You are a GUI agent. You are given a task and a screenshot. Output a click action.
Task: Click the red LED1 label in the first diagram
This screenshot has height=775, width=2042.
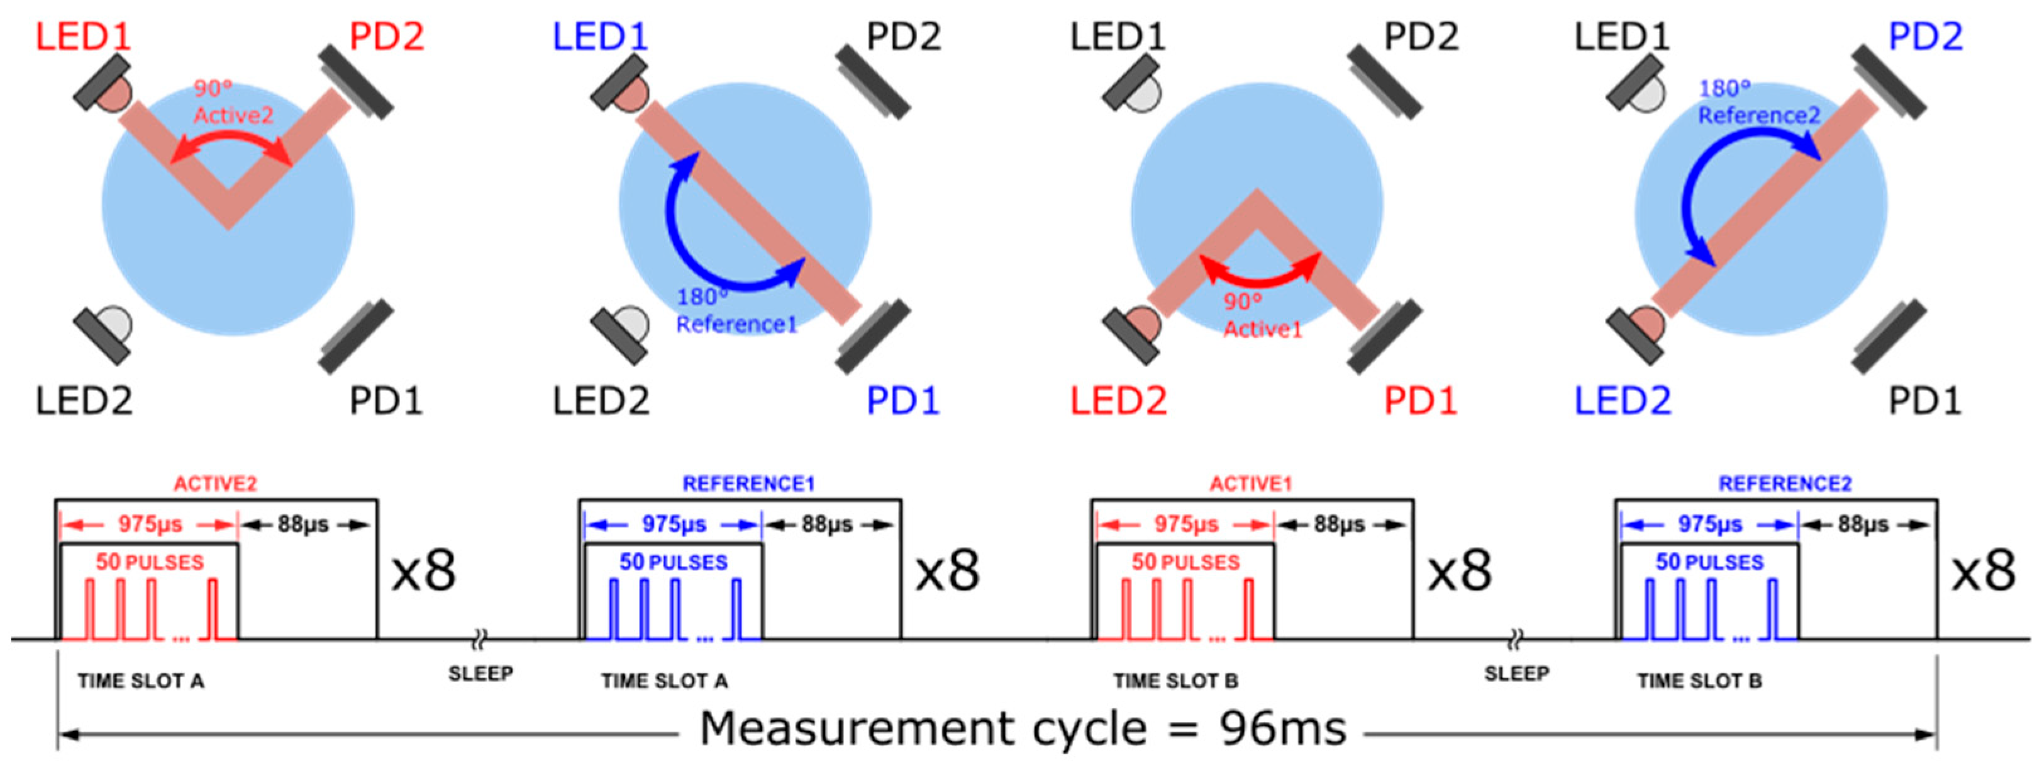(x=83, y=37)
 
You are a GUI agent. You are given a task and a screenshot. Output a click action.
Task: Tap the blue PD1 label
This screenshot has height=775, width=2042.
(x=903, y=400)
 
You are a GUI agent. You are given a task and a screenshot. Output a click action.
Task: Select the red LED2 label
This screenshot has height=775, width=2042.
(x=1119, y=400)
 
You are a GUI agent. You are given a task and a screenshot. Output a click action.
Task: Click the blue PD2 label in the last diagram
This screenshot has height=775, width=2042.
(x=1926, y=37)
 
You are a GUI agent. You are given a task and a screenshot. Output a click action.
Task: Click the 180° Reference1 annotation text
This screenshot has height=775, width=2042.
(x=736, y=311)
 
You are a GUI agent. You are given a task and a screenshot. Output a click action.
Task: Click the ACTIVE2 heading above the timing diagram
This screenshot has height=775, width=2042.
(x=216, y=483)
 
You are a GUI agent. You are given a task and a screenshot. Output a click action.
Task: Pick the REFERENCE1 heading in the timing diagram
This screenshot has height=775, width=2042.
(x=748, y=483)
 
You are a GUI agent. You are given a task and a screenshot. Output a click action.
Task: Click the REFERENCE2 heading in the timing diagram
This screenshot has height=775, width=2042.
(x=1784, y=483)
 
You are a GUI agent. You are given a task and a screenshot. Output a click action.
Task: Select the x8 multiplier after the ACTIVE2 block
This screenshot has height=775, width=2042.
(x=424, y=571)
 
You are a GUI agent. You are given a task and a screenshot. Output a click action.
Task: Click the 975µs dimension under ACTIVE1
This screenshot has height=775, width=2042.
(x=1185, y=524)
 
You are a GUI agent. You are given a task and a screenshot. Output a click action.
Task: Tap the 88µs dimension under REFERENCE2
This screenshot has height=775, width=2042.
(x=1863, y=524)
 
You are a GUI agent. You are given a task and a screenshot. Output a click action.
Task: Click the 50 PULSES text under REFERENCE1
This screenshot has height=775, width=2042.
(x=673, y=562)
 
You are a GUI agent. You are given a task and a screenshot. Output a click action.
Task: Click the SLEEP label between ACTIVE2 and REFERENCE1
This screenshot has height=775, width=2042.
(x=480, y=674)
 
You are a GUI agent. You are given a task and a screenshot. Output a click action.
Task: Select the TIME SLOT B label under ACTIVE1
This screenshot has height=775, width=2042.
(x=1175, y=681)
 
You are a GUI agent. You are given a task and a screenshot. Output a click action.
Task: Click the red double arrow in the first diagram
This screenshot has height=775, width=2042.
(x=231, y=145)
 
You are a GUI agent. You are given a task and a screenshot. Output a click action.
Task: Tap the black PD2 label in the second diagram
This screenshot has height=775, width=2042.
(x=903, y=37)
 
